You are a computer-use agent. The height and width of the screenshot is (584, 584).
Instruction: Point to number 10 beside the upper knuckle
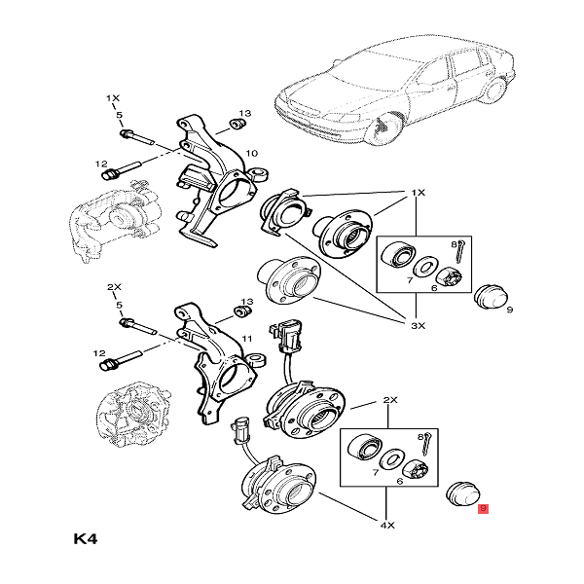(x=251, y=153)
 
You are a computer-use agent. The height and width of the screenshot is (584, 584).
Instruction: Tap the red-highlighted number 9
(x=484, y=508)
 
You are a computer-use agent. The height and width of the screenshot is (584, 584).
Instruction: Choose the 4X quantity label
(x=386, y=527)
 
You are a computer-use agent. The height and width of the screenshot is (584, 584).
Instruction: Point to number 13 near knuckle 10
(x=245, y=114)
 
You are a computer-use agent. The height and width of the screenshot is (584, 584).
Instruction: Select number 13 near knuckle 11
(x=246, y=302)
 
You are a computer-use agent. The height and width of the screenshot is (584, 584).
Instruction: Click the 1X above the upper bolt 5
(x=113, y=99)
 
